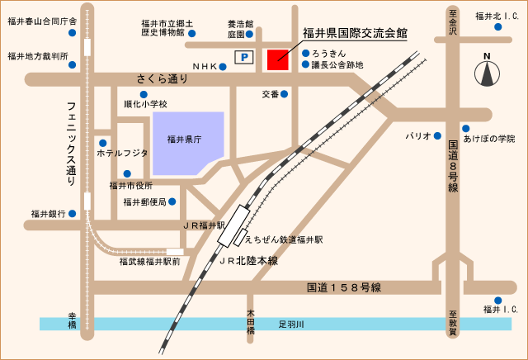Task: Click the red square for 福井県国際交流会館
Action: point(276,60)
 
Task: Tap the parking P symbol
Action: point(244,57)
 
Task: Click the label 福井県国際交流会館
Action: point(355,34)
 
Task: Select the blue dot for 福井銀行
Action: point(73,213)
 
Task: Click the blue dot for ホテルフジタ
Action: point(103,143)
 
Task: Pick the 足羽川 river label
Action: point(291,324)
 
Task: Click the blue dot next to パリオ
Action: point(438,135)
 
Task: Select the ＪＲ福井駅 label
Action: point(203,225)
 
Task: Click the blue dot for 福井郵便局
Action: point(173,201)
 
